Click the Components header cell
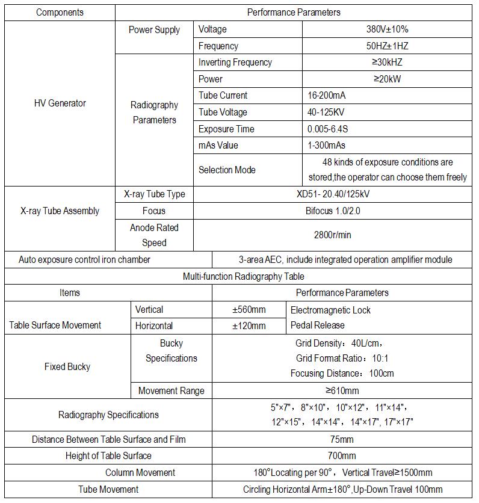(x=60, y=12)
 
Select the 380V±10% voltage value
(x=386, y=29)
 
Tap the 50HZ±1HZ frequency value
(x=386, y=46)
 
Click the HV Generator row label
(x=60, y=103)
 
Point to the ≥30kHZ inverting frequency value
(x=386, y=62)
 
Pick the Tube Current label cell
(x=223, y=95)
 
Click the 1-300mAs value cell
(x=326, y=145)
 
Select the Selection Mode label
(x=227, y=170)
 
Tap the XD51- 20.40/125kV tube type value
(x=332, y=194)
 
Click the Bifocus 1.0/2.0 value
(x=332, y=211)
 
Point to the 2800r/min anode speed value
(x=332, y=235)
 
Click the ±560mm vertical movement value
(x=249, y=309)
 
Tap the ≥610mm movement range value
(x=342, y=390)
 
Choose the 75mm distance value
(x=342, y=439)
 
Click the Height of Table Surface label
(x=108, y=455)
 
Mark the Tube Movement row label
(x=108, y=489)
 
